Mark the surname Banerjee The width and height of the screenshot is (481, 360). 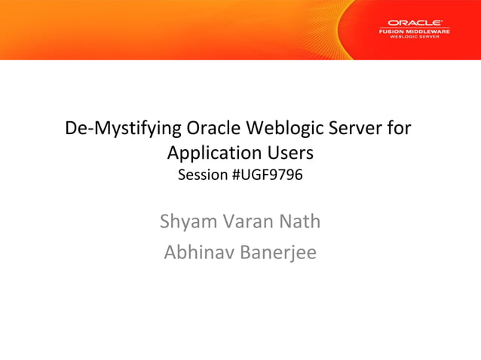(x=278, y=252)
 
